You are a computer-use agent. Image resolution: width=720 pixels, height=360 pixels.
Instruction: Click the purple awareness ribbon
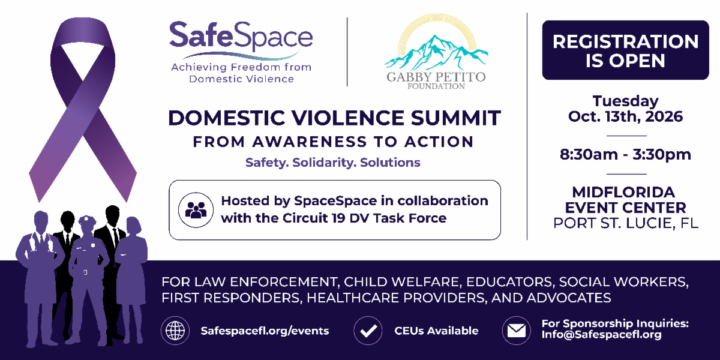(83, 109)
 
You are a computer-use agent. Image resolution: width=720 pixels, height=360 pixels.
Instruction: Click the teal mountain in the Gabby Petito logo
(436, 52)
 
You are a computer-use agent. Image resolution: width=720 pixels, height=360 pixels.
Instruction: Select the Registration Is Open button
(625, 50)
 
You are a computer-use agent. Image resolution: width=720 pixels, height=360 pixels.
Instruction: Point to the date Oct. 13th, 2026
(625, 116)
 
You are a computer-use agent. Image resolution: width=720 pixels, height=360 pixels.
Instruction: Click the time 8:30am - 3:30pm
(625, 155)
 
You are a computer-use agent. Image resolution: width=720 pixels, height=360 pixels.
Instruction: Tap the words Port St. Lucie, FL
(625, 223)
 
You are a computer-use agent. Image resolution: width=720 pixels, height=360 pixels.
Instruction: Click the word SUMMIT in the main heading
(456, 118)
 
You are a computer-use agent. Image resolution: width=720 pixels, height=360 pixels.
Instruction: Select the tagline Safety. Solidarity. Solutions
(333, 163)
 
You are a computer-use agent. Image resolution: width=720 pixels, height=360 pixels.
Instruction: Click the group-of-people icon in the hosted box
(196, 210)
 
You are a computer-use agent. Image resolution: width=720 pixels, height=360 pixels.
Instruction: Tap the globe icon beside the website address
(175, 331)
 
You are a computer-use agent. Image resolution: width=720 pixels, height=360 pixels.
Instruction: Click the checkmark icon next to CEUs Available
(368, 331)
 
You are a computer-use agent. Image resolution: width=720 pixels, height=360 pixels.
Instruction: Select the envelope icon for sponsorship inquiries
(517, 331)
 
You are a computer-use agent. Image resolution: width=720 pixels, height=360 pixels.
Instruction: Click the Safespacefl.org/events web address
(265, 331)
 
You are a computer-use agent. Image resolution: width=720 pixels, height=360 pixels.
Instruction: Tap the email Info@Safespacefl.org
(601, 335)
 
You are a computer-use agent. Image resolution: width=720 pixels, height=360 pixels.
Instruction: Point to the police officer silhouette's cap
(88, 220)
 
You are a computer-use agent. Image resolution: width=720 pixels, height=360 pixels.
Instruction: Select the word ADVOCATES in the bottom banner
(569, 298)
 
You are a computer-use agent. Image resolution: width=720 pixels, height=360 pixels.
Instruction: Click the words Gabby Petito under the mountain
(436, 77)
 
